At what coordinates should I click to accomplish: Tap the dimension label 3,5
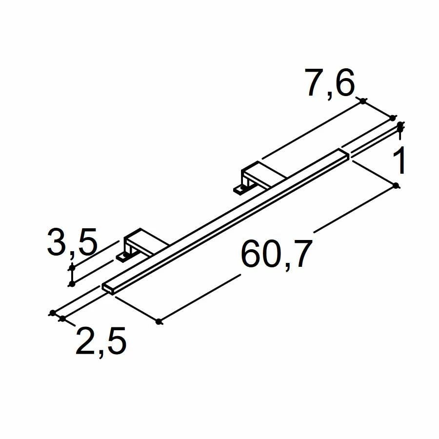click(72, 242)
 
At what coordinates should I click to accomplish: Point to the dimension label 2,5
click(101, 341)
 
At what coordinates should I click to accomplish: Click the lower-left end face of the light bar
click(108, 288)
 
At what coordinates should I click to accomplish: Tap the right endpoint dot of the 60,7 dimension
click(396, 185)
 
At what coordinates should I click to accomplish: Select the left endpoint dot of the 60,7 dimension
click(159, 321)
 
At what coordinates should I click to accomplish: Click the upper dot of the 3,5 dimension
click(72, 268)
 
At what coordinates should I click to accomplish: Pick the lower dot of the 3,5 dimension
click(72, 283)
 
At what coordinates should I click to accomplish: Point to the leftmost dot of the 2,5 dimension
click(52, 313)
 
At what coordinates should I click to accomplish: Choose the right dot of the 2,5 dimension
click(62, 319)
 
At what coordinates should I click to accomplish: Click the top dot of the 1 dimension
click(399, 125)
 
